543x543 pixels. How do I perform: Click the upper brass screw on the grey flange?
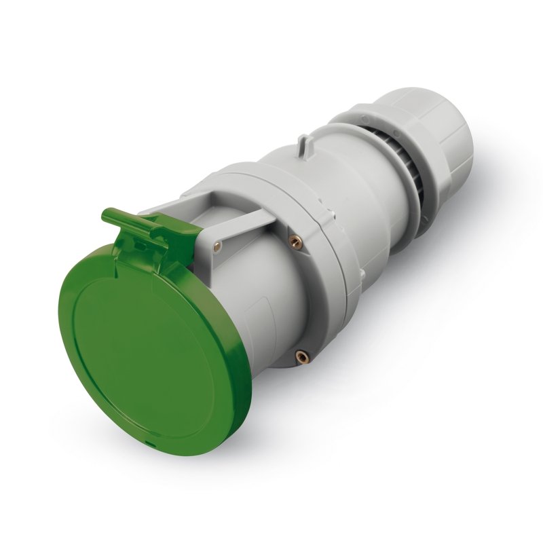tap(293, 240)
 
